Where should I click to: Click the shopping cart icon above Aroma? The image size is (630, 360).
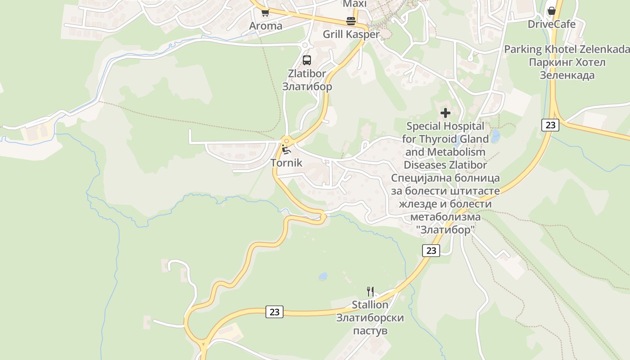pyautogui.click(x=265, y=12)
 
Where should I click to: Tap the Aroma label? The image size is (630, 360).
pyautogui.click(x=266, y=26)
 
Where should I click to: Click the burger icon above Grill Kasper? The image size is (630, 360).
pyautogui.click(x=351, y=21)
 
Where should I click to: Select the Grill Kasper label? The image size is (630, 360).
pyautogui.click(x=351, y=34)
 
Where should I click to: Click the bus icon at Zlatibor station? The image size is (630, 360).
pyautogui.click(x=307, y=60)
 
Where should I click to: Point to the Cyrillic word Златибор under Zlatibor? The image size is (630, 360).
pyautogui.click(x=307, y=86)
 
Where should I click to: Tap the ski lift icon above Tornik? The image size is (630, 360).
pyautogui.click(x=287, y=149)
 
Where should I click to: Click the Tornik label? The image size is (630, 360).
pyautogui.click(x=287, y=162)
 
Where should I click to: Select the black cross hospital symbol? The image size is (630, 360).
pyautogui.click(x=445, y=113)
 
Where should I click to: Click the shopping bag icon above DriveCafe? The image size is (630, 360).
pyautogui.click(x=551, y=11)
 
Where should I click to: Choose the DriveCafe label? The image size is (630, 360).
pyautogui.click(x=551, y=24)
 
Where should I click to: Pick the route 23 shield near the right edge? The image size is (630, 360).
pyautogui.click(x=550, y=125)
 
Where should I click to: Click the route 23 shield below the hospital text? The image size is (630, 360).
pyautogui.click(x=431, y=250)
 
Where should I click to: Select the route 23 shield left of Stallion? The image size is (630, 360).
pyautogui.click(x=274, y=311)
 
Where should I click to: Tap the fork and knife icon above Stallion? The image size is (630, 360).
pyautogui.click(x=370, y=292)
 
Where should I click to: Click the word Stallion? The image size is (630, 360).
pyautogui.click(x=370, y=305)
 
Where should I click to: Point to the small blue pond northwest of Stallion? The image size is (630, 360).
pyautogui.click(x=323, y=276)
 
